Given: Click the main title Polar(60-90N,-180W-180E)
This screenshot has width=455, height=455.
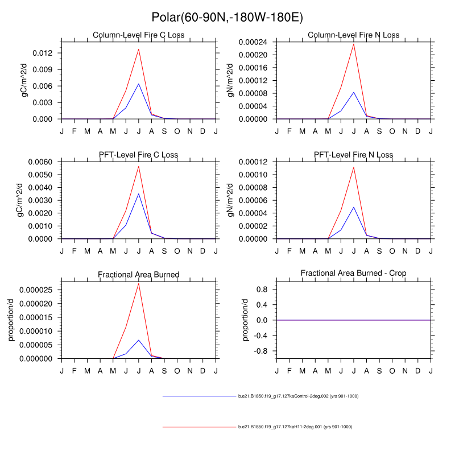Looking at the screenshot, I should click(227, 17).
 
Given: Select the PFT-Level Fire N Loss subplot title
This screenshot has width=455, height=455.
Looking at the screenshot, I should click(353, 155).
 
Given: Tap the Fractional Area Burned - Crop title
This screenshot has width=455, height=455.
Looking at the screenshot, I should click(353, 274).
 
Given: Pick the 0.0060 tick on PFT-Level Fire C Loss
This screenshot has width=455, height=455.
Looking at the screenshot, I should click(42, 162).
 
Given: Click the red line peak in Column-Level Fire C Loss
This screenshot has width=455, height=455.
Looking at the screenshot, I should click(138, 49).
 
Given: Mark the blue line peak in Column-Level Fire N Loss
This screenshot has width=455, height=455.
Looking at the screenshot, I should click(353, 92).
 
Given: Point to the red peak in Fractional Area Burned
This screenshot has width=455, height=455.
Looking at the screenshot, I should click(138, 283).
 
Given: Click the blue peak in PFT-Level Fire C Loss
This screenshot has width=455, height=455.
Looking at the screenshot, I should click(138, 194).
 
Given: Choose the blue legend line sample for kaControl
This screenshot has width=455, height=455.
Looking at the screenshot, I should click(199, 396).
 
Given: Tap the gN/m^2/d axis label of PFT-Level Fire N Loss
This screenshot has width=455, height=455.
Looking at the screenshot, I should click(231, 200).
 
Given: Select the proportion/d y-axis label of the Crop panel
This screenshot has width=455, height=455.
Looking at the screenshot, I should click(246, 320).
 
